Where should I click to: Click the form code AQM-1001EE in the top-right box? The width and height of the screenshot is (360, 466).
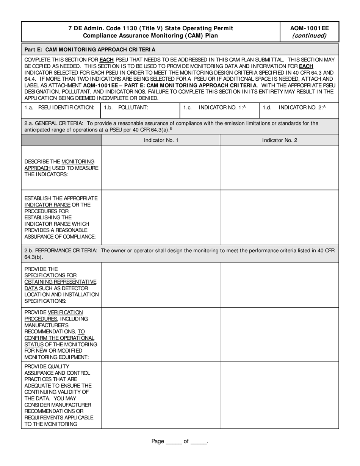[309, 28]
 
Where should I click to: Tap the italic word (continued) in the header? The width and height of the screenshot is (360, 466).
[309, 36]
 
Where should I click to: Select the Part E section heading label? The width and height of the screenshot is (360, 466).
[90, 49]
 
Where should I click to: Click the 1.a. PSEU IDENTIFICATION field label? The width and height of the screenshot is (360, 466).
[59, 108]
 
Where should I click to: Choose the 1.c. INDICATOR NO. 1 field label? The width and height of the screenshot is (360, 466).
[214, 108]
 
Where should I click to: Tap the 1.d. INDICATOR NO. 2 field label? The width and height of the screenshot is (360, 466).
[294, 108]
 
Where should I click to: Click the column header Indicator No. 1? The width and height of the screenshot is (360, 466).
[161, 140]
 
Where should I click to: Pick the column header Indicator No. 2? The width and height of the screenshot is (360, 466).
[279, 140]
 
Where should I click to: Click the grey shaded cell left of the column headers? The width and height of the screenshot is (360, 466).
[61, 140]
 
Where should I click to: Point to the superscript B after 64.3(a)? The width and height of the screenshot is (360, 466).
[171, 128]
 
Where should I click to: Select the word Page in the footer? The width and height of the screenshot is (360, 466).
[158, 441]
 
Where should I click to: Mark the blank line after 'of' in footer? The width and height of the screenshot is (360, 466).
[199, 442]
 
